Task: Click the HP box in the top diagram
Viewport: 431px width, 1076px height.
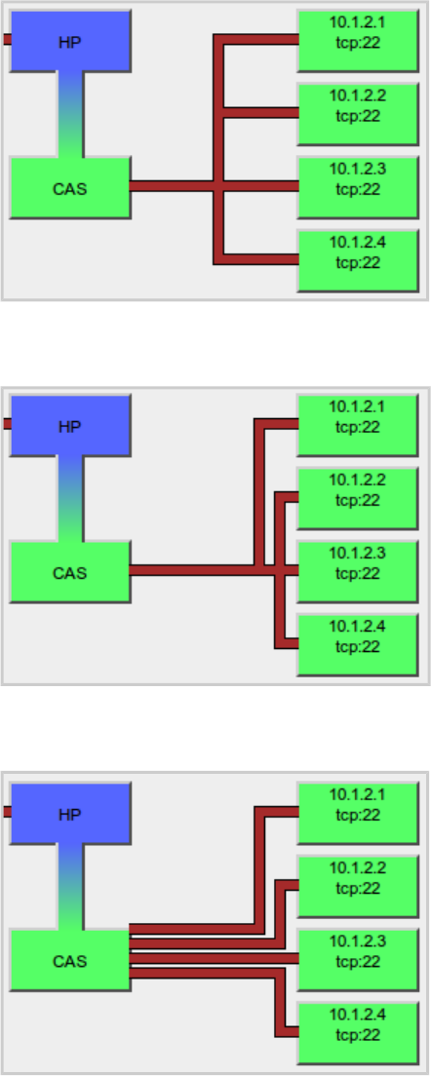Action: pos(70,41)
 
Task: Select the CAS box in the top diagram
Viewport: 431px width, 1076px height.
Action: pos(70,187)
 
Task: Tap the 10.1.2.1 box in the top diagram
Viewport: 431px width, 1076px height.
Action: pos(358,41)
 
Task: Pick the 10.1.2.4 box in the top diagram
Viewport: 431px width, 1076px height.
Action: pos(358,261)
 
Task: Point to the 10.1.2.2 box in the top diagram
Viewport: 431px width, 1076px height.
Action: pos(358,114)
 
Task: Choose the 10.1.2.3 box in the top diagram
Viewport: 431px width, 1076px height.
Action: pos(358,187)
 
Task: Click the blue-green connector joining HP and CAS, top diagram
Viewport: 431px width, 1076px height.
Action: pos(70,115)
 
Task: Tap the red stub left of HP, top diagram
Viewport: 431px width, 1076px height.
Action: pos(7,39)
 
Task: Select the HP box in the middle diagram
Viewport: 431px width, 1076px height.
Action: pos(70,426)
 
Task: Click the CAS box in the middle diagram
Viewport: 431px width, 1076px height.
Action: pos(70,571)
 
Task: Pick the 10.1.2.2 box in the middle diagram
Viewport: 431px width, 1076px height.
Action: pos(358,498)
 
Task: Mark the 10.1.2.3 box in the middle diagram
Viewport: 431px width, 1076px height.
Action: pos(358,571)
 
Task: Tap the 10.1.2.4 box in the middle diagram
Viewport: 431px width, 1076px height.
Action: pos(358,645)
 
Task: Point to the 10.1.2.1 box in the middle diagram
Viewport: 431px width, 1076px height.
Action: pos(358,426)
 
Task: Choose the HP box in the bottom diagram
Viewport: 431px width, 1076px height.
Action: pos(70,813)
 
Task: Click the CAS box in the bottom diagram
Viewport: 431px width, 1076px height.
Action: pos(70,960)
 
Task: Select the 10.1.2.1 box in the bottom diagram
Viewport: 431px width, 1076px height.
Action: pos(358,813)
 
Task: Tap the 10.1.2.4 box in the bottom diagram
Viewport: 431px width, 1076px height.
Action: pos(358,1033)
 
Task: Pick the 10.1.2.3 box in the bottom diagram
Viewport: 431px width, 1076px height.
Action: pos(358,960)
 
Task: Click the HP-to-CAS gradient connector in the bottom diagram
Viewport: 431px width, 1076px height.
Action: pos(70,887)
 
